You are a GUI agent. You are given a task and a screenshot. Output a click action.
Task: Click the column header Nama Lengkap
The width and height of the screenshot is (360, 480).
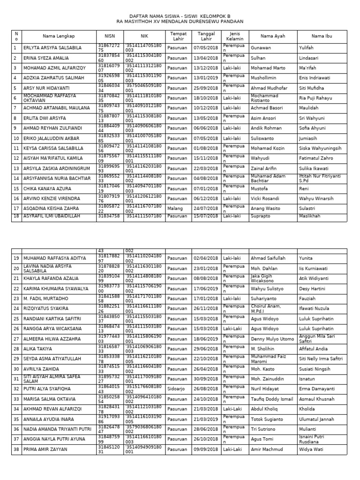coord(59,37)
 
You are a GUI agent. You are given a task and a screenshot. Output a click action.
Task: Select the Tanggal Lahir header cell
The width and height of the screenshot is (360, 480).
coord(206,37)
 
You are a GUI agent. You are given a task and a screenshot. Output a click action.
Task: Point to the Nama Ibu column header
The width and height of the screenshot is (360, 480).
coord(322,37)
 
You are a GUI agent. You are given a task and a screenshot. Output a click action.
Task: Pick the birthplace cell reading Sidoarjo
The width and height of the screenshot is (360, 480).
coord(177,389)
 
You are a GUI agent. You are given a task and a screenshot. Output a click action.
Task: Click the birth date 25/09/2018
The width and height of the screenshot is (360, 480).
coord(206,88)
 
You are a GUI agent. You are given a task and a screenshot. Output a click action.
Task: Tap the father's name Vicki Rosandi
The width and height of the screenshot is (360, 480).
coord(265,198)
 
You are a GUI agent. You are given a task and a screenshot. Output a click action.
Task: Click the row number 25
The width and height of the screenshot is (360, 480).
coord(15,319)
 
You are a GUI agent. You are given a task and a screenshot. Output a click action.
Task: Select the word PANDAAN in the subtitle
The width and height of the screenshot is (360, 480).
coord(232,22)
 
